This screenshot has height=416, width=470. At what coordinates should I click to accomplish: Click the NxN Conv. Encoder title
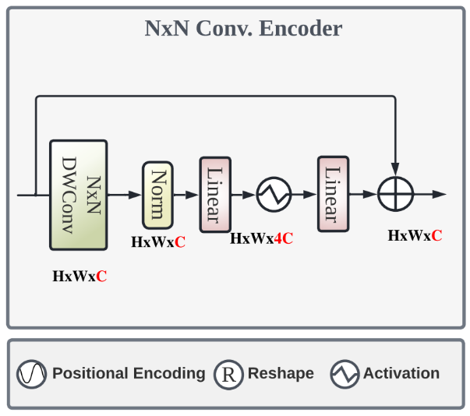coord(243,29)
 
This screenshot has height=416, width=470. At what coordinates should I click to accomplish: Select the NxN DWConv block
coord(78,195)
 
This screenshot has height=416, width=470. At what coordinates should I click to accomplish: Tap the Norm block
coord(157,195)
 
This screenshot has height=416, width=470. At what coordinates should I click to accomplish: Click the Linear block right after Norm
coord(215,194)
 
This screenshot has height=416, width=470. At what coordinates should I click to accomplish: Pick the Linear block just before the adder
coord(333,194)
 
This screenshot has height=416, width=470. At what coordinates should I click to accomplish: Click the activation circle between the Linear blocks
coord(274,194)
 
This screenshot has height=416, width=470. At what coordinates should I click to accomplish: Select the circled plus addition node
coord(395,194)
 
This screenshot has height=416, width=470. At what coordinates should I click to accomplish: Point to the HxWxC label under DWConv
coord(80,276)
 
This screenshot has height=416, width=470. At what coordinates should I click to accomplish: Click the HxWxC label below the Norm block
coord(158,242)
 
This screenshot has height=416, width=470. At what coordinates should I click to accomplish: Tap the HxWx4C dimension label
coord(262,239)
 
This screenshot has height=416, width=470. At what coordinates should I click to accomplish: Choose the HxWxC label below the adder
coord(415,234)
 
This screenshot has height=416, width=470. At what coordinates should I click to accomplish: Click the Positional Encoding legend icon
coord(32,375)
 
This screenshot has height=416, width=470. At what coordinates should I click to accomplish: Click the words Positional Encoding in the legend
coord(129,374)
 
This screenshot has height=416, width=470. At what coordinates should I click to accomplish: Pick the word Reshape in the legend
coord(281,374)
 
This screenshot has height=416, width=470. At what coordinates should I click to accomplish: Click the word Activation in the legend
coord(401,374)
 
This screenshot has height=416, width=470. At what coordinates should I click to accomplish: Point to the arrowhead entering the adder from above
coord(395,170)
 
